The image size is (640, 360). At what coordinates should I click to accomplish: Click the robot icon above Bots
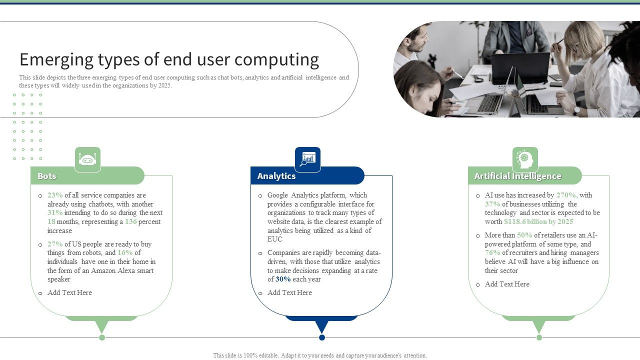(x=87, y=159)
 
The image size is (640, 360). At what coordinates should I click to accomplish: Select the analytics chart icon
(x=307, y=159)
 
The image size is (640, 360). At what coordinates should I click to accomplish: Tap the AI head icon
(x=524, y=159)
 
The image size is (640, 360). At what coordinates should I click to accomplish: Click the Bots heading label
(x=47, y=176)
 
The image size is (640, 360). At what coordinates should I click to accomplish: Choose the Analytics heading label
(x=276, y=176)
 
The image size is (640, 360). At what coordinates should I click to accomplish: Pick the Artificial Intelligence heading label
(x=517, y=176)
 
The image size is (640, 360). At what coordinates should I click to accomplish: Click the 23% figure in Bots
(x=55, y=195)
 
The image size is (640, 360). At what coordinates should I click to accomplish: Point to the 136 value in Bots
(x=130, y=222)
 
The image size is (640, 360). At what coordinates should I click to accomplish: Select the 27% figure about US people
(x=55, y=244)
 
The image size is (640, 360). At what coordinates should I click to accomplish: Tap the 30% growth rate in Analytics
(x=283, y=279)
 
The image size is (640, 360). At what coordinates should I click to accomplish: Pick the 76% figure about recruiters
(x=492, y=253)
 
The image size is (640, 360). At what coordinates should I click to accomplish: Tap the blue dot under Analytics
(x=322, y=337)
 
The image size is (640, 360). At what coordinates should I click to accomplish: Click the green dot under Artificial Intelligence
(x=539, y=337)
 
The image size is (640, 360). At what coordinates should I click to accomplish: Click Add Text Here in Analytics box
(x=289, y=293)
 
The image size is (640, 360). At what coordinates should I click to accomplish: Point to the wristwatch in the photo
(x=576, y=110)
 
